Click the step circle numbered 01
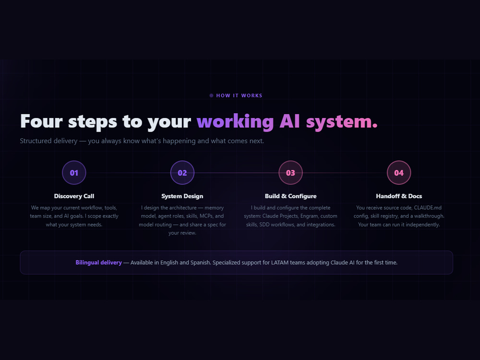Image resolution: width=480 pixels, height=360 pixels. point(74,173)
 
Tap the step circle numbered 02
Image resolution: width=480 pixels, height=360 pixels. point(182,173)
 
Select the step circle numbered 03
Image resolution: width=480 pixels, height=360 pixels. point(290,173)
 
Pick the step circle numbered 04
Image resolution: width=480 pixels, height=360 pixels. point(399,173)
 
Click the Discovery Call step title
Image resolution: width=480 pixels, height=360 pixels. point(74,196)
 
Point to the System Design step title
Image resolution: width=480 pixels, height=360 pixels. point(182,196)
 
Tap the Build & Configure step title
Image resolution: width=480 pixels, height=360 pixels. point(290,196)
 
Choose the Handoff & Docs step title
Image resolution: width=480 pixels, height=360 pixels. point(399,196)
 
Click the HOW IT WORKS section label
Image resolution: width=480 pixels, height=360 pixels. point(239,96)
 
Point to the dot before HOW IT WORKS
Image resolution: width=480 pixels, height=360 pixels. point(211,96)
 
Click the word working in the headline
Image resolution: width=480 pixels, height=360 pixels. point(235,122)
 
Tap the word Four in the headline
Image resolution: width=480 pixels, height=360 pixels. point(41,121)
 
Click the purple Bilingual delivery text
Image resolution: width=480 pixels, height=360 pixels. point(98,263)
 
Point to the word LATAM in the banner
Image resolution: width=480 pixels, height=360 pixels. point(280,263)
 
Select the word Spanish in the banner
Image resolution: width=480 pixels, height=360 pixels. point(201,263)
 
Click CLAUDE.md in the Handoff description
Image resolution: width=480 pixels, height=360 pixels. point(428,207)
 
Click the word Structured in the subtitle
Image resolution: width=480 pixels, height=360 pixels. point(34,141)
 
